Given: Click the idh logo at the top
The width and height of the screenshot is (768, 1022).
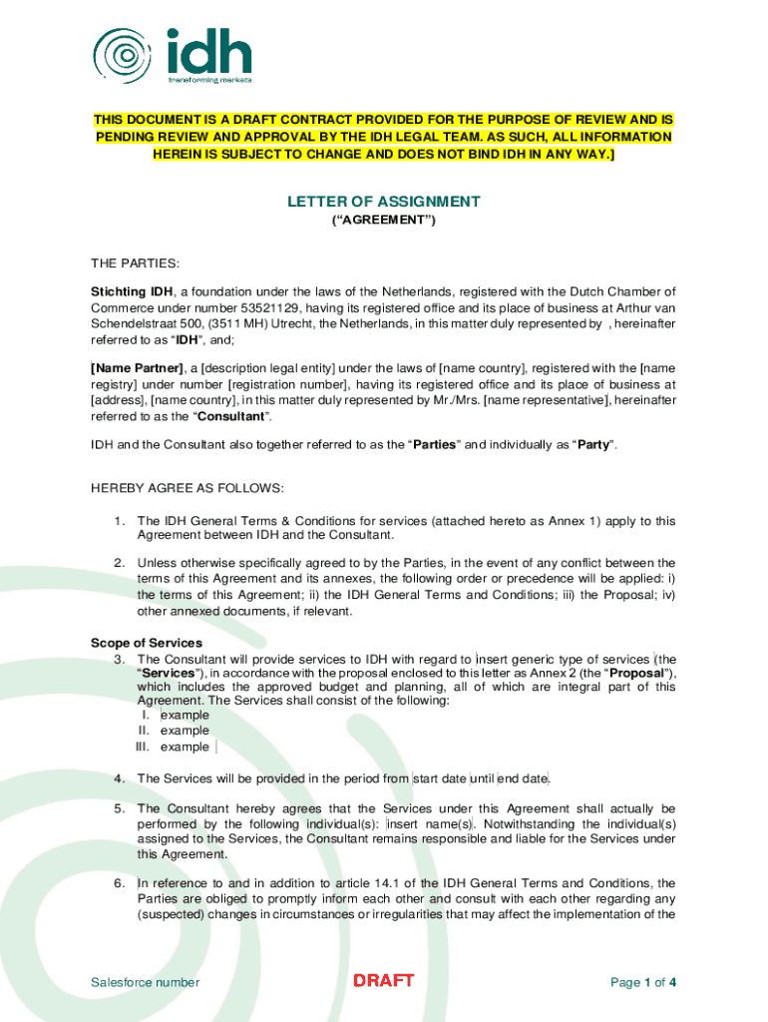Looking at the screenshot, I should coord(172,54).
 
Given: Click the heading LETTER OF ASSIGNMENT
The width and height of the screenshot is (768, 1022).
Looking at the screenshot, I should coord(384,202).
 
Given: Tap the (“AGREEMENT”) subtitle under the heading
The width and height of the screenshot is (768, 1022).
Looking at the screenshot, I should coord(384,221).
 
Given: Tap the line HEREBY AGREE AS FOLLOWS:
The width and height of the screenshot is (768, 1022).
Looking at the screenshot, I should coord(188,487).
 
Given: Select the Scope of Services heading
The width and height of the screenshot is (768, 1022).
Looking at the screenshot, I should coord(147,643).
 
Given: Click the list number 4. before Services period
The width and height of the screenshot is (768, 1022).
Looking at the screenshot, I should coord(118,778).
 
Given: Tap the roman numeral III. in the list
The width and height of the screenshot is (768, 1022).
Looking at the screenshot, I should coord(145,747).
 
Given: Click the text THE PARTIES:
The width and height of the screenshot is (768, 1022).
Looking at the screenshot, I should coord(135,263).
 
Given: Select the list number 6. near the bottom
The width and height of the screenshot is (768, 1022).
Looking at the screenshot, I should coord(118,883).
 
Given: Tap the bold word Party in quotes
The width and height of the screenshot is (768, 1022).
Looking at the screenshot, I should coord(588,444).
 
